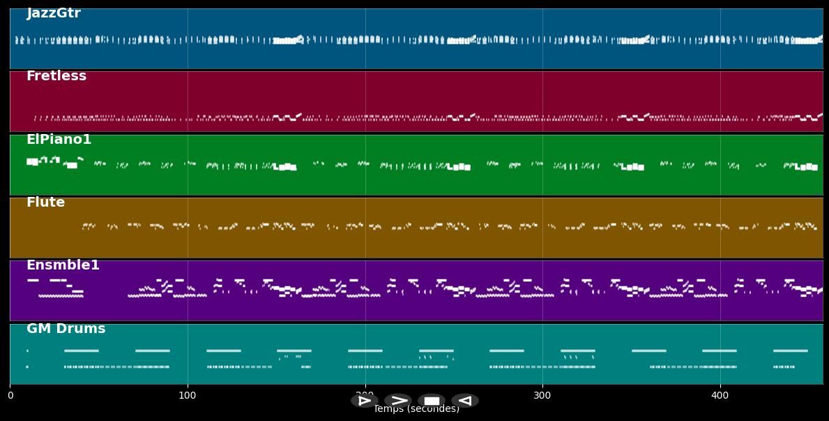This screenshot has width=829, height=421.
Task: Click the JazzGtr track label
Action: click(x=54, y=13)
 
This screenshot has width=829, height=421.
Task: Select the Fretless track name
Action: click(x=56, y=76)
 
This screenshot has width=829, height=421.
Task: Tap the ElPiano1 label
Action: click(x=59, y=140)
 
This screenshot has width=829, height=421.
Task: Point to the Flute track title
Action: click(x=45, y=202)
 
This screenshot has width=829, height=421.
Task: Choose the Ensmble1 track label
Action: click(x=63, y=265)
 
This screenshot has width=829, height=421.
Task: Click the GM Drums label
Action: click(x=66, y=329)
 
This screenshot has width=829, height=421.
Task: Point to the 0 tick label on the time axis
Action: click(x=10, y=396)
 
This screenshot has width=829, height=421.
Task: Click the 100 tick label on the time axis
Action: click(x=188, y=396)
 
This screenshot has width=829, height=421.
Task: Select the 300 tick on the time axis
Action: click(x=542, y=396)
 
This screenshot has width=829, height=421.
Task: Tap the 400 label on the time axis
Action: click(x=720, y=396)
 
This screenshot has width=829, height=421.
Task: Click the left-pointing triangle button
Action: click(x=464, y=401)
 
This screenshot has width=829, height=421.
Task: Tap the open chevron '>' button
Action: click(x=398, y=401)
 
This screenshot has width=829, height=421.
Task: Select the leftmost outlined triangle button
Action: click(x=364, y=401)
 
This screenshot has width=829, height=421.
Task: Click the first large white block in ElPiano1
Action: click(x=32, y=162)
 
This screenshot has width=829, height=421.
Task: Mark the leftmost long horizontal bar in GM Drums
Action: click(x=81, y=350)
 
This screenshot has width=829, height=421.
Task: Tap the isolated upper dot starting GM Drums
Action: click(x=27, y=350)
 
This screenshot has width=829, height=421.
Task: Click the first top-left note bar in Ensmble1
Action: click(x=33, y=280)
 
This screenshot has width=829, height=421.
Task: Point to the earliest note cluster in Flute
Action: click(x=88, y=226)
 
